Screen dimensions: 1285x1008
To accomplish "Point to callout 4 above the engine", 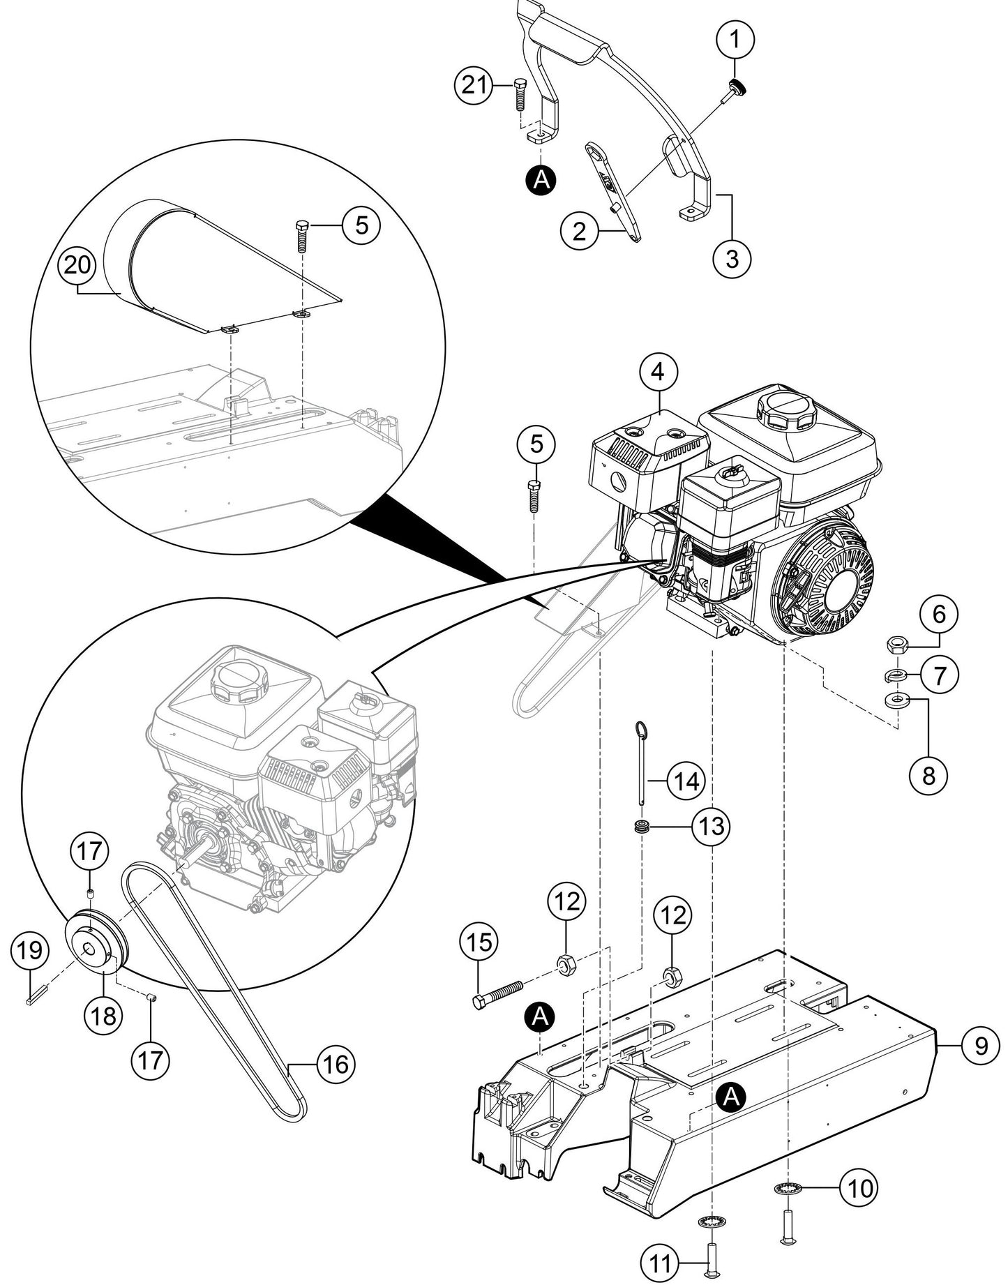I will (x=658, y=372).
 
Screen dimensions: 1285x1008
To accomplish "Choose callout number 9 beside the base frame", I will (x=981, y=1046).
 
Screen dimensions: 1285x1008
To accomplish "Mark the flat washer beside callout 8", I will (x=896, y=698).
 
